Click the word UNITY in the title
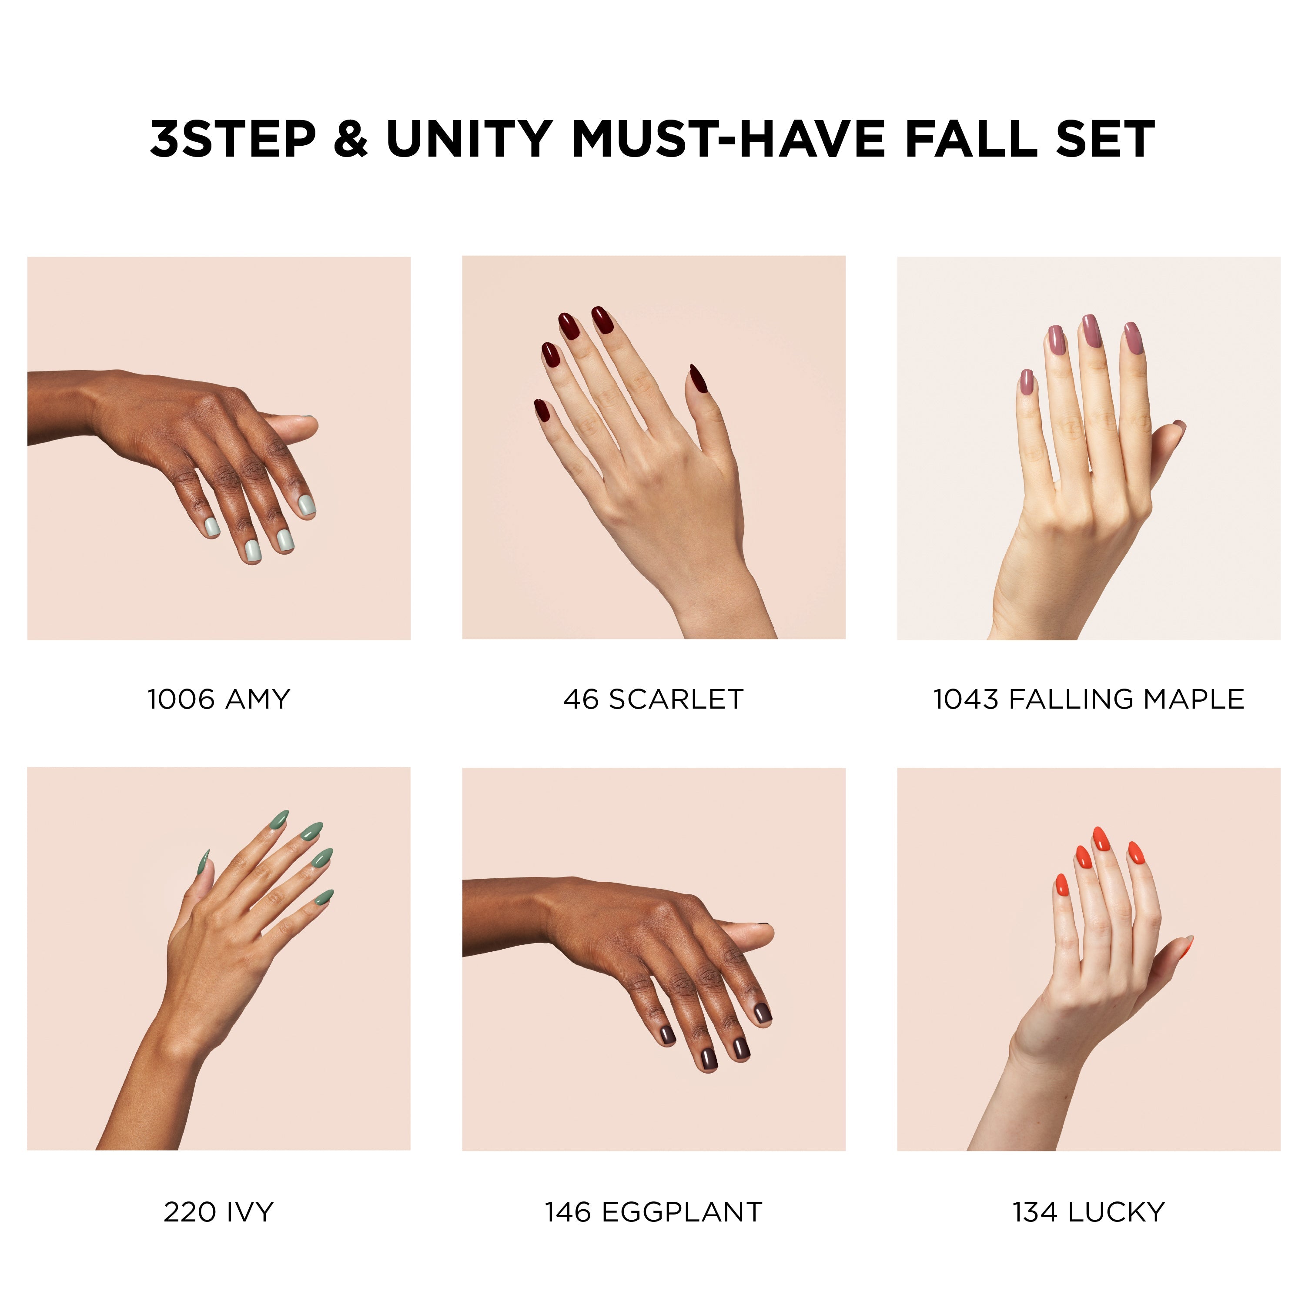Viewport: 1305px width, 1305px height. tap(469, 139)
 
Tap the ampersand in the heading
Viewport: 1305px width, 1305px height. tap(351, 139)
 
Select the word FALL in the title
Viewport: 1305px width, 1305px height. tap(970, 139)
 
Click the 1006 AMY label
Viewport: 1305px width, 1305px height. tap(219, 699)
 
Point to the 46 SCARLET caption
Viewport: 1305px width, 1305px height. tap(653, 699)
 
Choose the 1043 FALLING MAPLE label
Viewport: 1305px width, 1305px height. tap(1088, 699)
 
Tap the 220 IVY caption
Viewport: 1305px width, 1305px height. tap(219, 1212)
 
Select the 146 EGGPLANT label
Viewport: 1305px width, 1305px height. tap(653, 1212)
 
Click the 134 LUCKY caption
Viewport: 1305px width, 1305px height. tap(1088, 1212)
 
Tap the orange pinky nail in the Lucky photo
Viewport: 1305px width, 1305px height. tap(1061, 884)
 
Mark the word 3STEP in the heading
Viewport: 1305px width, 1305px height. tap(233, 139)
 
